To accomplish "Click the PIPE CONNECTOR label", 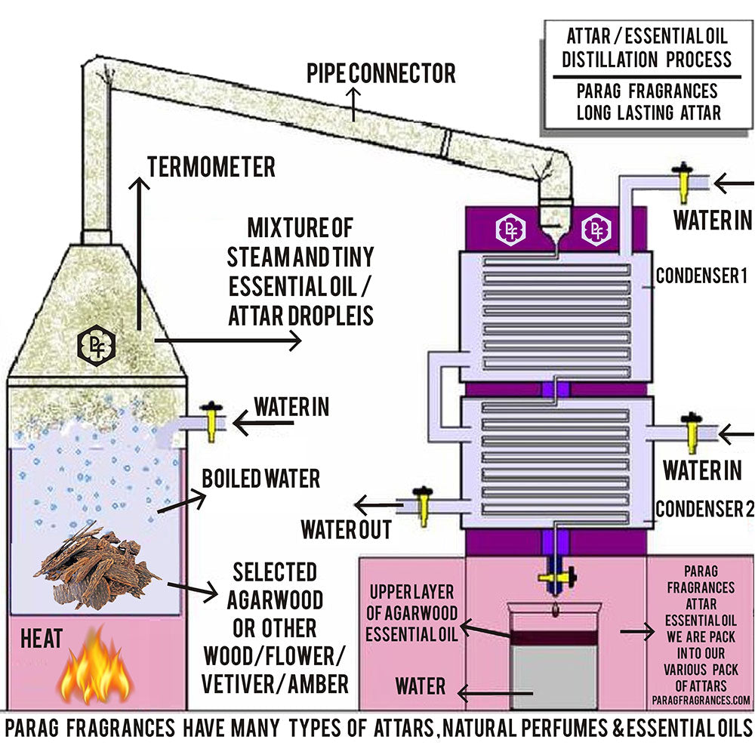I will pyautogui.click(x=381, y=73).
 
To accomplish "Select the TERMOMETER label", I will pyautogui.click(x=211, y=167).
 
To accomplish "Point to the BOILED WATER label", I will pyautogui.click(x=260, y=478).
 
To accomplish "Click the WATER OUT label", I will pyautogui.click(x=346, y=529).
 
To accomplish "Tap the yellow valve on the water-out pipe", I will pyautogui.click(x=423, y=507).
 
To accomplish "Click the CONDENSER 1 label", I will pyautogui.click(x=706, y=276).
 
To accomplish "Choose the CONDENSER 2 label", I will pyautogui.click(x=704, y=509).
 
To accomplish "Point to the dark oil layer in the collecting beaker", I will pyautogui.click(x=556, y=636).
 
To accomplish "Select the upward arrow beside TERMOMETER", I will pyautogui.click(x=138, y=249).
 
